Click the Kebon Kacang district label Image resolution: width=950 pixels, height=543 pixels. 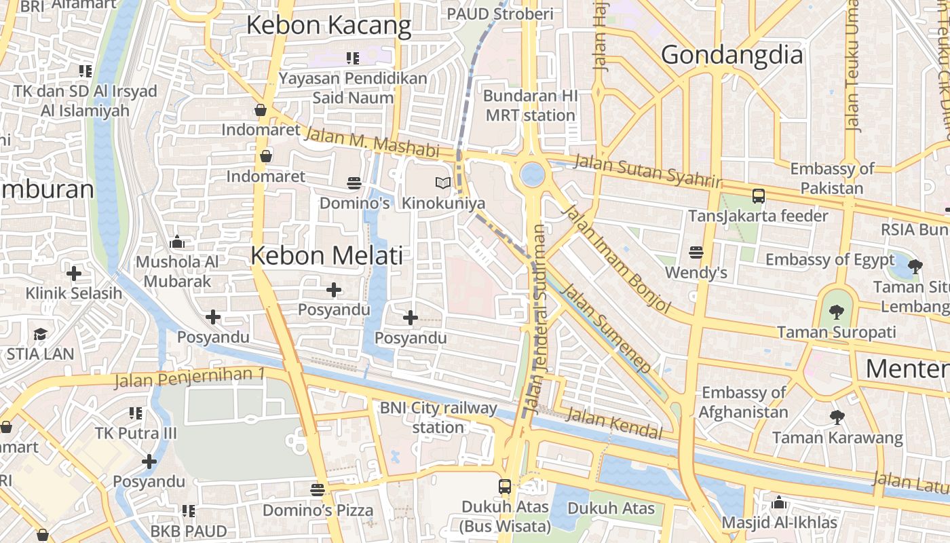pos(328,26)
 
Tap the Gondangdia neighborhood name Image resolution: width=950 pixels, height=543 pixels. pos(731,55)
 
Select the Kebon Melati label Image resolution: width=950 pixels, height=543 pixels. pos(326,256)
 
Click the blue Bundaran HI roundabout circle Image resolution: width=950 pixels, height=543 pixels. pos(532,174)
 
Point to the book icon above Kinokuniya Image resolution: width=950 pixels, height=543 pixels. pos(443,183)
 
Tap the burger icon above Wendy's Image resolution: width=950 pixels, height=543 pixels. pos(696,252)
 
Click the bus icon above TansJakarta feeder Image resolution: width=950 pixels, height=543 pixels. pos(758,196)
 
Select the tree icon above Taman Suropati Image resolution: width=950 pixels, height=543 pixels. pos(836,312)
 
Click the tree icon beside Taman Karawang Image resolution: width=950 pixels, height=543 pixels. pos(837,417)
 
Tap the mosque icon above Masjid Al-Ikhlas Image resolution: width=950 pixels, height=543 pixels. pos(779,503)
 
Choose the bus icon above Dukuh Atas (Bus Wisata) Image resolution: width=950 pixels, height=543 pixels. pos(505,486)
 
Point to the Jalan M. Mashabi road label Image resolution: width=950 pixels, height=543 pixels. pos(371,143)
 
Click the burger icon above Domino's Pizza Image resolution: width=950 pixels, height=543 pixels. pos(317,489)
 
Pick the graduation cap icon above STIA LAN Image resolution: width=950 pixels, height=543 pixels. pos(41,334)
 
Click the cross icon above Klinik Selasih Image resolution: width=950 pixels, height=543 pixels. pos(73,274)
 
